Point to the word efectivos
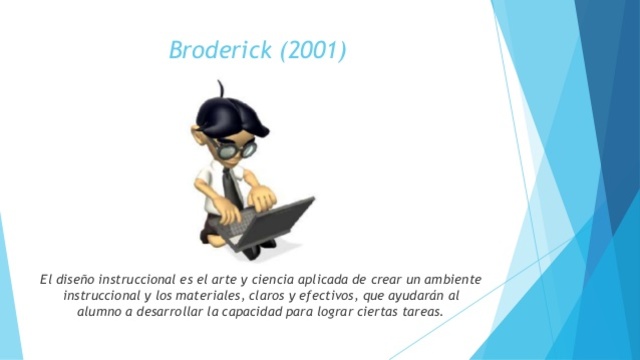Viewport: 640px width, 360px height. click(324, 296)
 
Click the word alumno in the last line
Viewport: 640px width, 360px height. click(100, 313)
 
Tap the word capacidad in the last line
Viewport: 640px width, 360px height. click(261, 313)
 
